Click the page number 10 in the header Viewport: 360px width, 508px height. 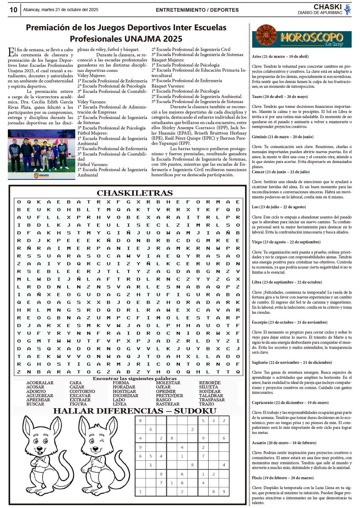(13, 10)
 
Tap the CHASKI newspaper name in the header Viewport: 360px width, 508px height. (328, 7)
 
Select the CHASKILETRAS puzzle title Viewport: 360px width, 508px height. (135, 193)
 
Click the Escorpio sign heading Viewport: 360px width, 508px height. (289, 322)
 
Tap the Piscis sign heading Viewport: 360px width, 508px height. (283, 478)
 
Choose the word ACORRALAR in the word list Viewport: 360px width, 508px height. (40, 383)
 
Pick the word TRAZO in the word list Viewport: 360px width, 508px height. (206, 404)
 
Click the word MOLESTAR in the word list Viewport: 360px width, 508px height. (168, 383)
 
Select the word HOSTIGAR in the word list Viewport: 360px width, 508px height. (124, 391)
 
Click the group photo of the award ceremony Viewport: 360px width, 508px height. (41, 150)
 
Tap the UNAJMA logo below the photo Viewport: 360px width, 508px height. (41, 175)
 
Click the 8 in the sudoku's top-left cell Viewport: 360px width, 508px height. (140, 420)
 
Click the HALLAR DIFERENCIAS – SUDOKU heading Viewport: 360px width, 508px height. (135, 411)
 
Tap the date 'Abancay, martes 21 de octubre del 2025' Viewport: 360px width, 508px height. (61, 10)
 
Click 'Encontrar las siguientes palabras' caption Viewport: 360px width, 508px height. (135, 379)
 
